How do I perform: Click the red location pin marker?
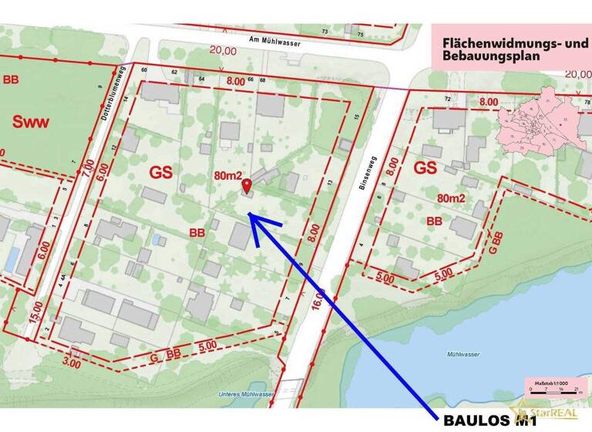247,186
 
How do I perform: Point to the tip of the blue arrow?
249,216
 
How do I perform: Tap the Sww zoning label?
30,122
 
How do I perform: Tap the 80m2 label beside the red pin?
230,176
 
